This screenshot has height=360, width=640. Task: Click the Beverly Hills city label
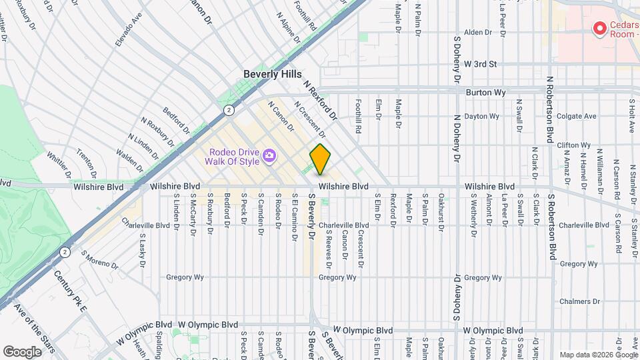pos(272,74)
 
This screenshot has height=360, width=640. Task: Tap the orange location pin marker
pos(320,159)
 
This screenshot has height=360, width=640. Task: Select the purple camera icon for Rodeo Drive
pos(269,156)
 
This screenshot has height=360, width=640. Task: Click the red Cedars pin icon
pos(599,29)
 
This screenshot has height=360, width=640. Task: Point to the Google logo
pos(22,351)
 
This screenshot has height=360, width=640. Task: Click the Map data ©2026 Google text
pos(598,355)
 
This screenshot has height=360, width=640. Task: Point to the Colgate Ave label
pos(577,116)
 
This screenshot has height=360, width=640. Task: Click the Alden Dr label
pos(477,32)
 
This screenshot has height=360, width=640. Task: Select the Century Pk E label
pos(71,291)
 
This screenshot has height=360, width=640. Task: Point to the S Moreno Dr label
pos(99,260)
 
